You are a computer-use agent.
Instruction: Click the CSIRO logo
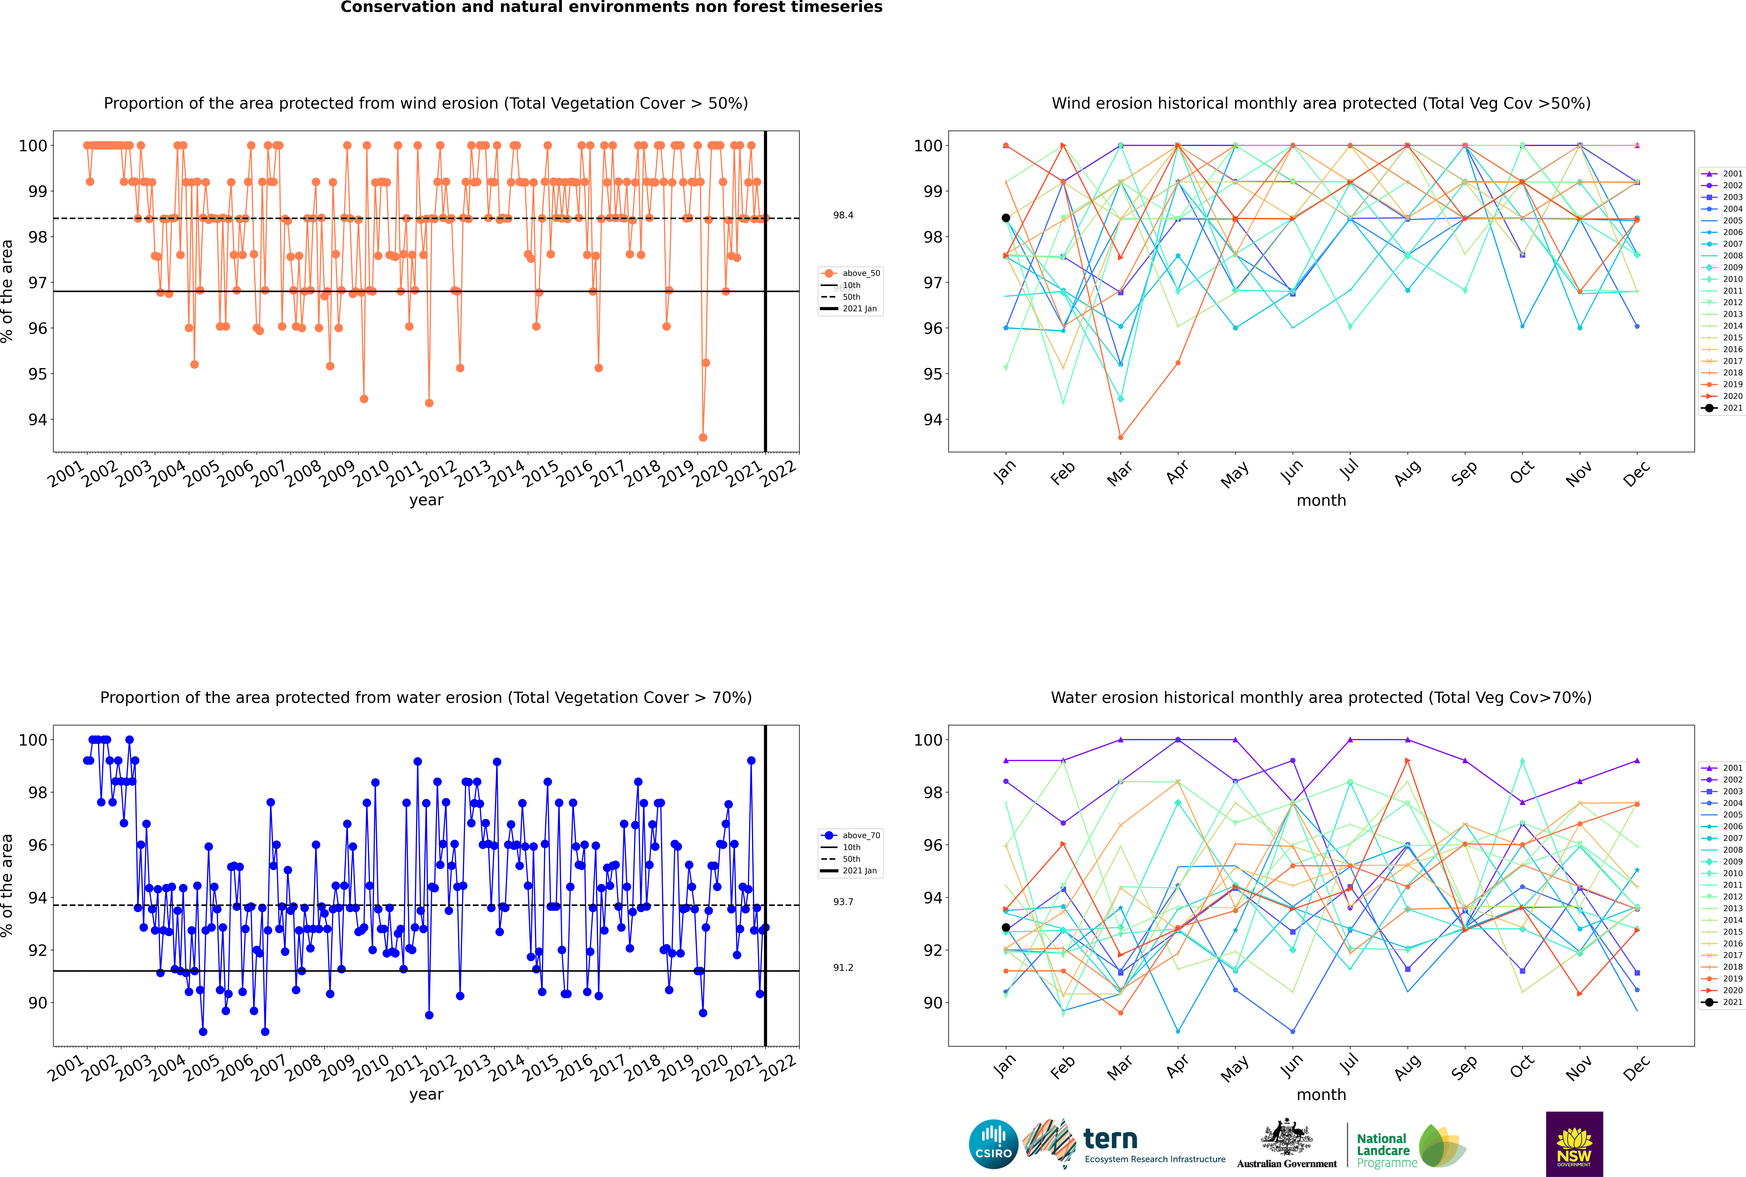(x=993, y=1144)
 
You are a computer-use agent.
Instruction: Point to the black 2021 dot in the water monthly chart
(x=1006, y=928)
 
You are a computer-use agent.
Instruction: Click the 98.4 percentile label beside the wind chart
(x=843, y=215)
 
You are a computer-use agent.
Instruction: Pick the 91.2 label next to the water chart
(x=843, y=968)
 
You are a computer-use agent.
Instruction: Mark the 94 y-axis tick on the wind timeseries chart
(x=37, y=420)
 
